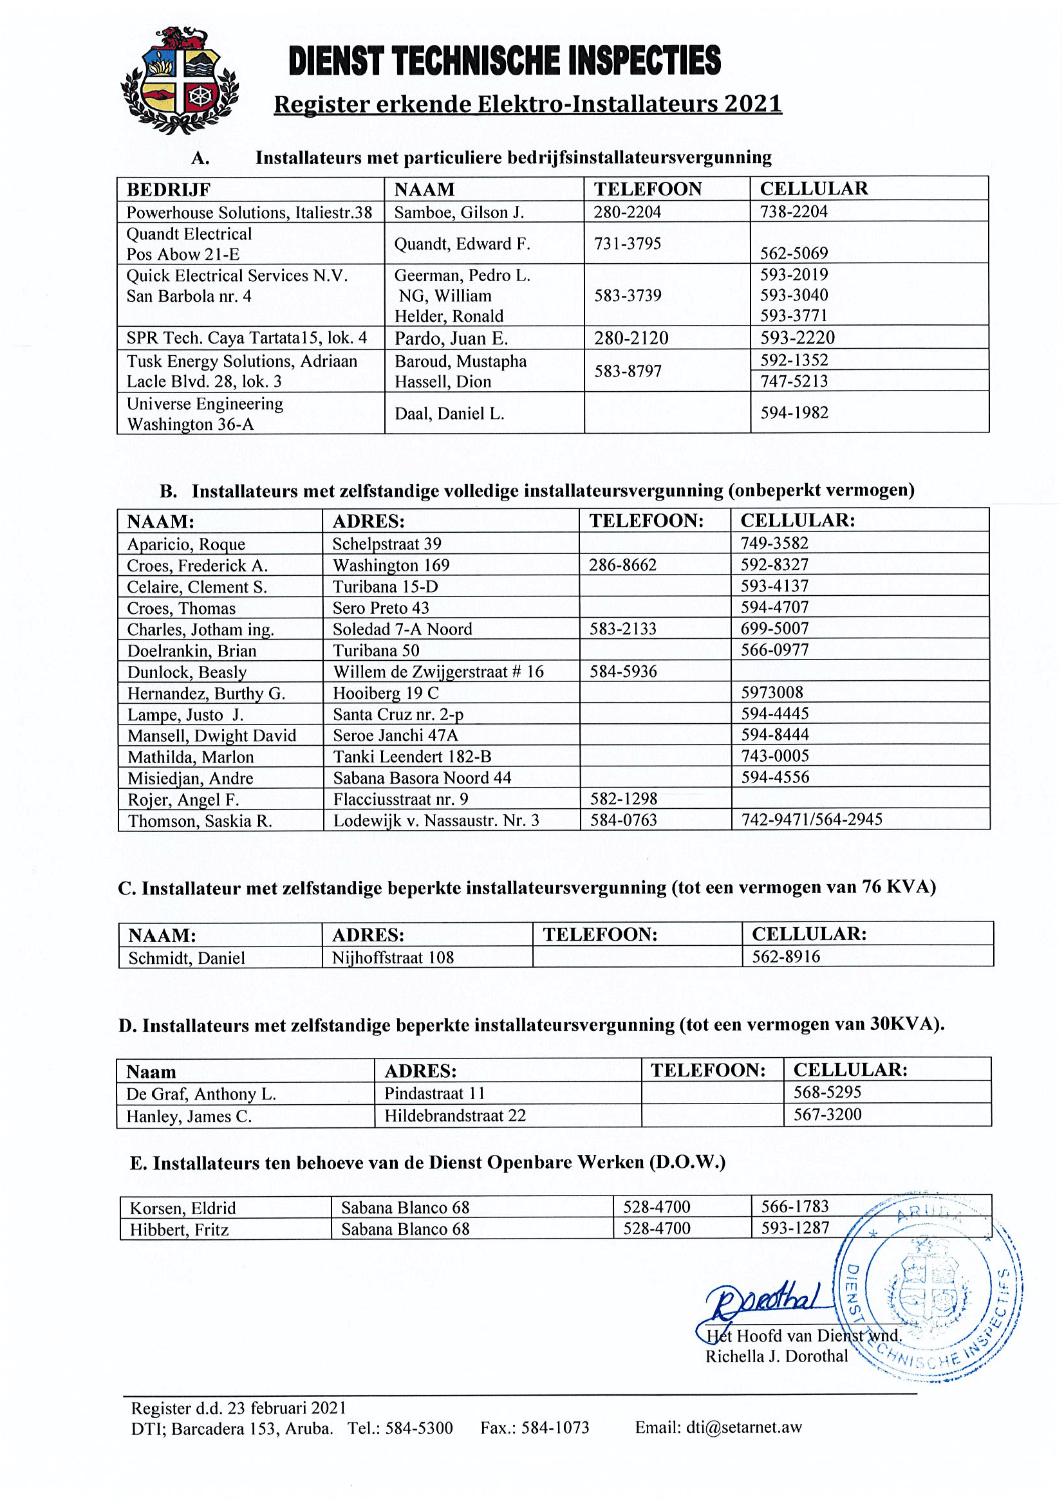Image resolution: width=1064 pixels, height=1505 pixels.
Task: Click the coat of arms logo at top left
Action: coord(180,80)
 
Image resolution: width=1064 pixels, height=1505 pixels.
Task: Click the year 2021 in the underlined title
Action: coord(752,104)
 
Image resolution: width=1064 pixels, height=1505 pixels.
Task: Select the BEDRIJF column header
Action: coord(169,190)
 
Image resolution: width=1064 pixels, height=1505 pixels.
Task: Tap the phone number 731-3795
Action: coord(628,244)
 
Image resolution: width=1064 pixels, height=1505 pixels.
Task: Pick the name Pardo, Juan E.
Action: coord(451,338)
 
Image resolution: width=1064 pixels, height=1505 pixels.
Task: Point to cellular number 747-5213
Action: coord(794,382)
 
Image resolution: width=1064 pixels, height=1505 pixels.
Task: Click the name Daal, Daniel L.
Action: coord(449,414)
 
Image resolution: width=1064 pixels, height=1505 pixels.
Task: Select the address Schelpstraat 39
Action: coord(387,544)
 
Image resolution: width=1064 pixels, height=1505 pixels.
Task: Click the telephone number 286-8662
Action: coord(623,565)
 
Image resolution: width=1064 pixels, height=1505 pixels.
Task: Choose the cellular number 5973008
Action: coord(772,693)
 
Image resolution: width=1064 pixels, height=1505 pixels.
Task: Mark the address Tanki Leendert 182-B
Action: coord(412,757)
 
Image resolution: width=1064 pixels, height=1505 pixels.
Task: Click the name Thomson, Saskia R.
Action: coord(200,821)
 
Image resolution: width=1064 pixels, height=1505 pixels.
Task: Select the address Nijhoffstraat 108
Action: coord(393,957)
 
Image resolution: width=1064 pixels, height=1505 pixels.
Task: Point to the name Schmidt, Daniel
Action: coord(187,958)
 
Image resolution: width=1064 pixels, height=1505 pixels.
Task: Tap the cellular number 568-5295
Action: coord(827,1092)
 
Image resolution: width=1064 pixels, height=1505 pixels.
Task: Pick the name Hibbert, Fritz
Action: coord(179,1230)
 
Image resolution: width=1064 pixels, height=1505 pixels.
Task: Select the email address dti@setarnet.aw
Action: coord(743,1428)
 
